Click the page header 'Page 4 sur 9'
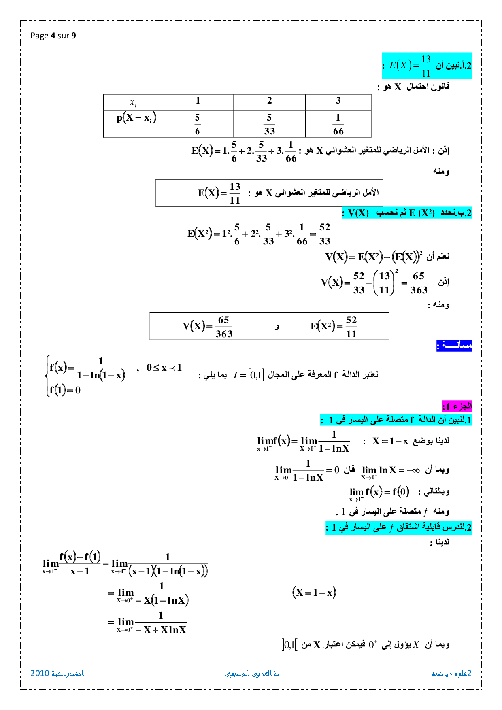[x=53, y=36]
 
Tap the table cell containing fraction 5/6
[x=198, y=124]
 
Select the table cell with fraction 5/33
[x=269, y=124]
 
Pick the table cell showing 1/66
[x=338, y=124]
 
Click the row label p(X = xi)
[x=136, y=118]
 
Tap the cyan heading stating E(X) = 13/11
[x=427, y=66]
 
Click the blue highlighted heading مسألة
[x=454, y=346]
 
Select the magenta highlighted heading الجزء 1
[x=457, y=406]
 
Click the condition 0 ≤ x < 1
[x=164, y=368]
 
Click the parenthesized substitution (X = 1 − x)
[x=314, y=593]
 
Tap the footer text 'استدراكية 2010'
[x=57, y=673]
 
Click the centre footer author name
[x=252, y=674]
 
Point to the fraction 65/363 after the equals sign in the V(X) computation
[x=419, y=283]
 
